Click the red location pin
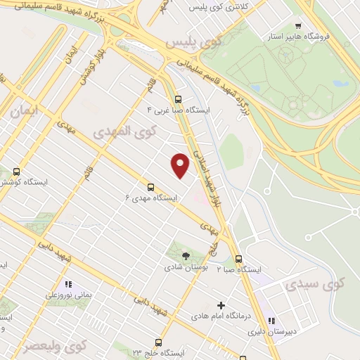(180, 165)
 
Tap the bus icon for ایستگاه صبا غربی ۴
(178, 99)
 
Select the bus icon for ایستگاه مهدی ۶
(150, 186)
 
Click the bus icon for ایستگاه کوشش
(16, 171)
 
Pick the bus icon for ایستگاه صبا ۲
(239, 258)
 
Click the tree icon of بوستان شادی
(186, 256)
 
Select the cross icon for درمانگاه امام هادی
(221, 305)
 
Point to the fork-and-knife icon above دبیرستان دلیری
(271, 320)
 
